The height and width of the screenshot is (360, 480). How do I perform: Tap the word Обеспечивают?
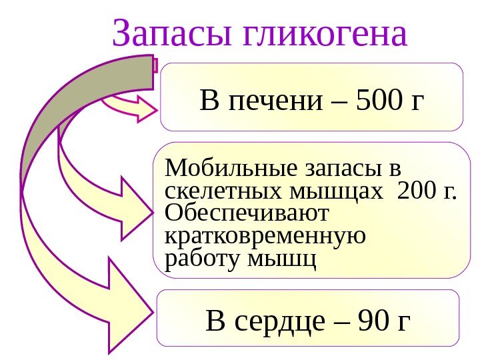point(247,214)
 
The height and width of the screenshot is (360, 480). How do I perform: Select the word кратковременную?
point(265,236)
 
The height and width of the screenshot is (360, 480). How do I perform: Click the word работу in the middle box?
point(202,259)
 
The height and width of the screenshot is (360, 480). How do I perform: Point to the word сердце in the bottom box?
point(280,321)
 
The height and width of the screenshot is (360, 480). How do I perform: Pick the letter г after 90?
point(403,323)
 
